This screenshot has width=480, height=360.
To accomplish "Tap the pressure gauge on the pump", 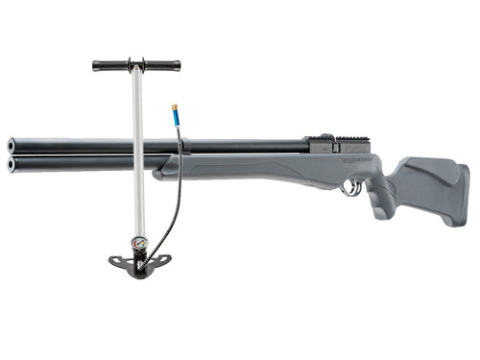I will coord(138,244).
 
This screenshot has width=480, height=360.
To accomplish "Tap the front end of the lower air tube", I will coord(12,163).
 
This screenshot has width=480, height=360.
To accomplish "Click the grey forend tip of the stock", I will coord(168,168).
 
